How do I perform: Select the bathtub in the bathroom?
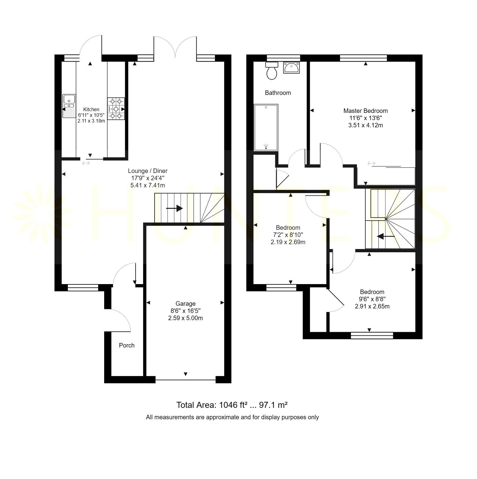[x=266, y=128]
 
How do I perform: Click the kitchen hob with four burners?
[x=116, y=109]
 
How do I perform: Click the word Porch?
[x=127, y=345]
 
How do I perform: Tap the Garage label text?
[x=186, y=304]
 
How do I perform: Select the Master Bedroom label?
[x=366, y=111]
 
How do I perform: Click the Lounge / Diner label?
[x=148, y=171]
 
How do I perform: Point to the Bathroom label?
[x=278, y=93]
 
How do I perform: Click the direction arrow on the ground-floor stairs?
[x=174, y=208]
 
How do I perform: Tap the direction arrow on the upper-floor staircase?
[x=386, y=237]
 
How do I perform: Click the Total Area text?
[x=232, y=405]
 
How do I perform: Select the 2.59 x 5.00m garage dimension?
[x=186, y=318]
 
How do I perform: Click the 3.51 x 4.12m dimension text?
[x=366, y=125]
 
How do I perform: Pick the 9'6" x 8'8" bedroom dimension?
[x=372, y=299]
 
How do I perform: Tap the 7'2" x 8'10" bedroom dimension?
[x=288, y=235]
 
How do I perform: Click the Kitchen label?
[x=91, y=109]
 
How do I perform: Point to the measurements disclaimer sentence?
[x=232, y=417]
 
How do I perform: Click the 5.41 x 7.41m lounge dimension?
[x=148, y=185]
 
